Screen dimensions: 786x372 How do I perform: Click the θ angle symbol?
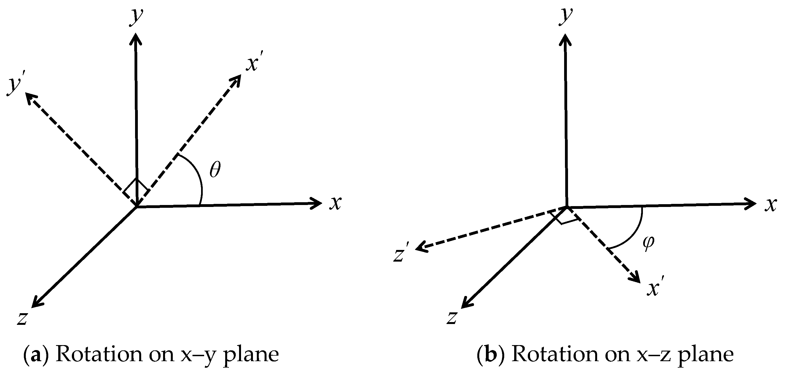pyautogui.click(x=215, y=170)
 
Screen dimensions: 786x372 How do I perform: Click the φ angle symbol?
pyautogui.click(x=648, y=243)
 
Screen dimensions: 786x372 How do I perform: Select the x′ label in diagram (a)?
pyautogui.click(x=253, y=64)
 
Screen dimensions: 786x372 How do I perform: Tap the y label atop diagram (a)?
pyautogui.click(x=136, y=17)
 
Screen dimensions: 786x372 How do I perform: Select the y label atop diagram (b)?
pyautogui.click(x=566, y=16)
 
